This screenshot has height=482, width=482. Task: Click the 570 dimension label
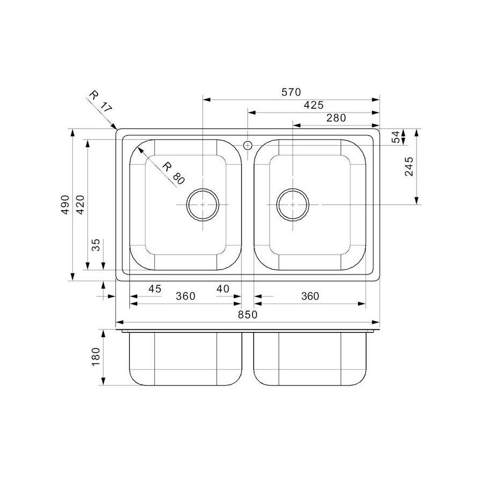tap(291, 92)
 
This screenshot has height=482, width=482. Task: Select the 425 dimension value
tap(313, 106)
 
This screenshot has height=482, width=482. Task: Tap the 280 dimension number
tap(336, 118)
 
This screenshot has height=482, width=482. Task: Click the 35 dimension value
tap(95, 246)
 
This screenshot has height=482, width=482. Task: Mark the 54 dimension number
tap(396, 137)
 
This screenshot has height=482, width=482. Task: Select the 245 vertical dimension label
tap(410, 167)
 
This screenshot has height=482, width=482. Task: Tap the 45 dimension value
tap(154, 289)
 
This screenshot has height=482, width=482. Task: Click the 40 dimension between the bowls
tap(223, 289)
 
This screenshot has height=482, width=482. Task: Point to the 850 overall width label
tap(248, 315)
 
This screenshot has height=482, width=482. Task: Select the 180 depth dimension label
tap(96, 357)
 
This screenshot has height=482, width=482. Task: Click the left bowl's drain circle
tap(203, 205)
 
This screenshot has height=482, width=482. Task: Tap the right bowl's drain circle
tap(293, 205)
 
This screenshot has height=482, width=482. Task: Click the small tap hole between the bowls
tap(248, 145)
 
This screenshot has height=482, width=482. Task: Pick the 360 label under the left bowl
tap(185, 296)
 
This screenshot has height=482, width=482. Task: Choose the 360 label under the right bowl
tap(309, 296)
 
